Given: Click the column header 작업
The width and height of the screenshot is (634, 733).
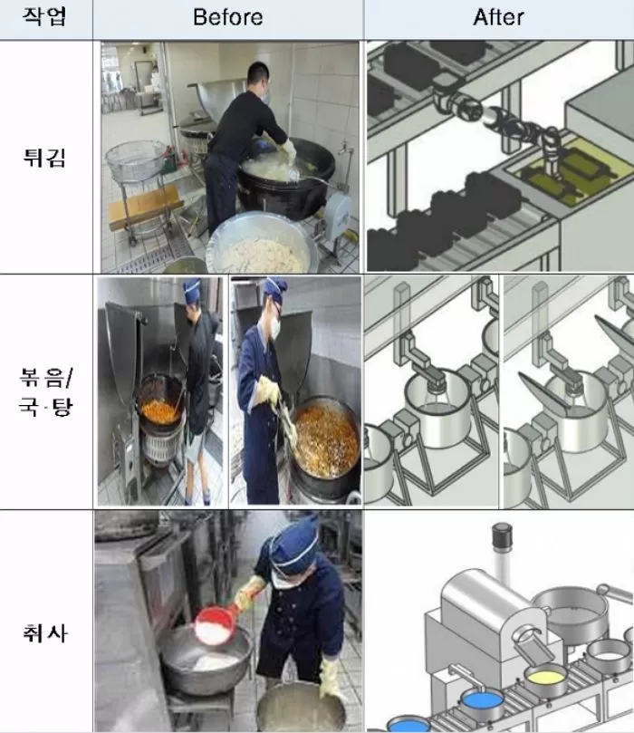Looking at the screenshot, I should coord(45,18).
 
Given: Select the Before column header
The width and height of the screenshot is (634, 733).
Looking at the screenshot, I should coord(228,18).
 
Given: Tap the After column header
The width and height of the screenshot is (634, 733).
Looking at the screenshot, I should coord(498,18).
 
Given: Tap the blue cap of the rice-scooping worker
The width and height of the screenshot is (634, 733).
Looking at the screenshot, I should coord(294,535).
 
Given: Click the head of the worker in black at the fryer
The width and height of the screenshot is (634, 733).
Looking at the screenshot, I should coord(257,77).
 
